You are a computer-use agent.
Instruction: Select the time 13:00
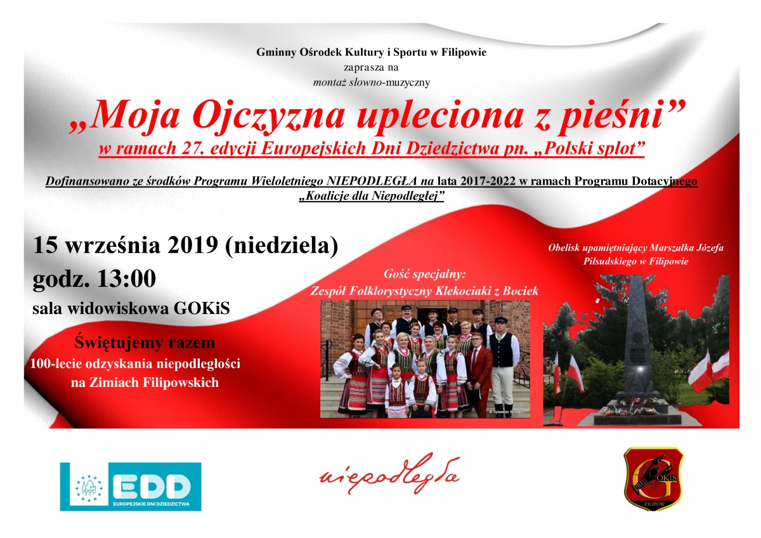click(x=127, y=279)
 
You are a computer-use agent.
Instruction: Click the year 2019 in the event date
click(x=192, y=245)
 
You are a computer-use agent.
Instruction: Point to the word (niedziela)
click(x=282, y=246)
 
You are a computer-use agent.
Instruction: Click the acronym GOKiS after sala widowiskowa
click(x=202, y=308)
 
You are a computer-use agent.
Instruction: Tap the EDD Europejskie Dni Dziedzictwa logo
click(x=131, y=487)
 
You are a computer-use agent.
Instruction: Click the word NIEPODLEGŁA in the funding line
click(x=372, y=181)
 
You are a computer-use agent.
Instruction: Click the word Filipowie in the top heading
click(x=464, y=52)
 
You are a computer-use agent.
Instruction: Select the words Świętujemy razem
click(x=145, y=343)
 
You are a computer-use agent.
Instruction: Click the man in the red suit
click(x=479, y=374)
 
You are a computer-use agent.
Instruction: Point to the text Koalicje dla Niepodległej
click(x=372, y=196)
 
